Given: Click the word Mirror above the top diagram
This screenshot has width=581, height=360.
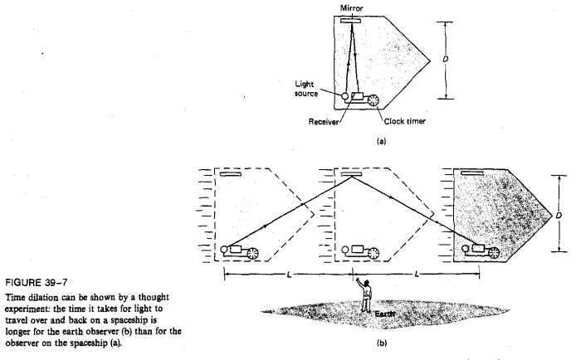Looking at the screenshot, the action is (x=351, y=7).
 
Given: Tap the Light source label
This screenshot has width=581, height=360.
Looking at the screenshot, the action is (x=306, y=89).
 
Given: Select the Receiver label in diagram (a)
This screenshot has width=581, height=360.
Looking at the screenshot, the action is (x=324, y=122).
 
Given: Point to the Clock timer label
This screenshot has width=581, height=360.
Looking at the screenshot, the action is (x=405, y=121).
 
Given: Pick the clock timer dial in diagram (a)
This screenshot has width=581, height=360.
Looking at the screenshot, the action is (x=373, y=100).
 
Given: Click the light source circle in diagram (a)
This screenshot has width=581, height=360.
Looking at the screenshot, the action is (x=345, y=96).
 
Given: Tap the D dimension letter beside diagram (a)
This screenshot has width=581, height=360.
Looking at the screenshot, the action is (x=446, y=59).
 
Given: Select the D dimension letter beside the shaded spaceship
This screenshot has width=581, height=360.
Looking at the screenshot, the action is (x=559, y=215).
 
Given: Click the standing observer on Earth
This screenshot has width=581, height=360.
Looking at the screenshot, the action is (x=365, y=295).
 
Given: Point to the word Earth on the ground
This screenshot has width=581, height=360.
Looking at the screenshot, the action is (x=384, y=314).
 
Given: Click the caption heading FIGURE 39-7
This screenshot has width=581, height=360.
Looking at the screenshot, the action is (x=37, y=283).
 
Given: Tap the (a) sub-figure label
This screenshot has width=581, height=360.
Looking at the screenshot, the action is (x=381, y=141).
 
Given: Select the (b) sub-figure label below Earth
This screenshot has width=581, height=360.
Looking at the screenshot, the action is (x=382, y=343).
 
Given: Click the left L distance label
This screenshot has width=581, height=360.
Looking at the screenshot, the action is (x=289, y=275).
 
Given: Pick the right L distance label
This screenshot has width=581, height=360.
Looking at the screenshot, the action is (x=417, y=275).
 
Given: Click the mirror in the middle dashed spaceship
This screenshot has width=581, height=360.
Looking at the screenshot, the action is (x=348, y=173).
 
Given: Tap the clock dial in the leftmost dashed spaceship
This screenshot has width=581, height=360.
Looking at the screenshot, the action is (x=252, y=253).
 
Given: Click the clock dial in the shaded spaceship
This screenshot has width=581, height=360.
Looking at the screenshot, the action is (x=494, y=253).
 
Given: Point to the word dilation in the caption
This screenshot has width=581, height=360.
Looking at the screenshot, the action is (x=40, y=298).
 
